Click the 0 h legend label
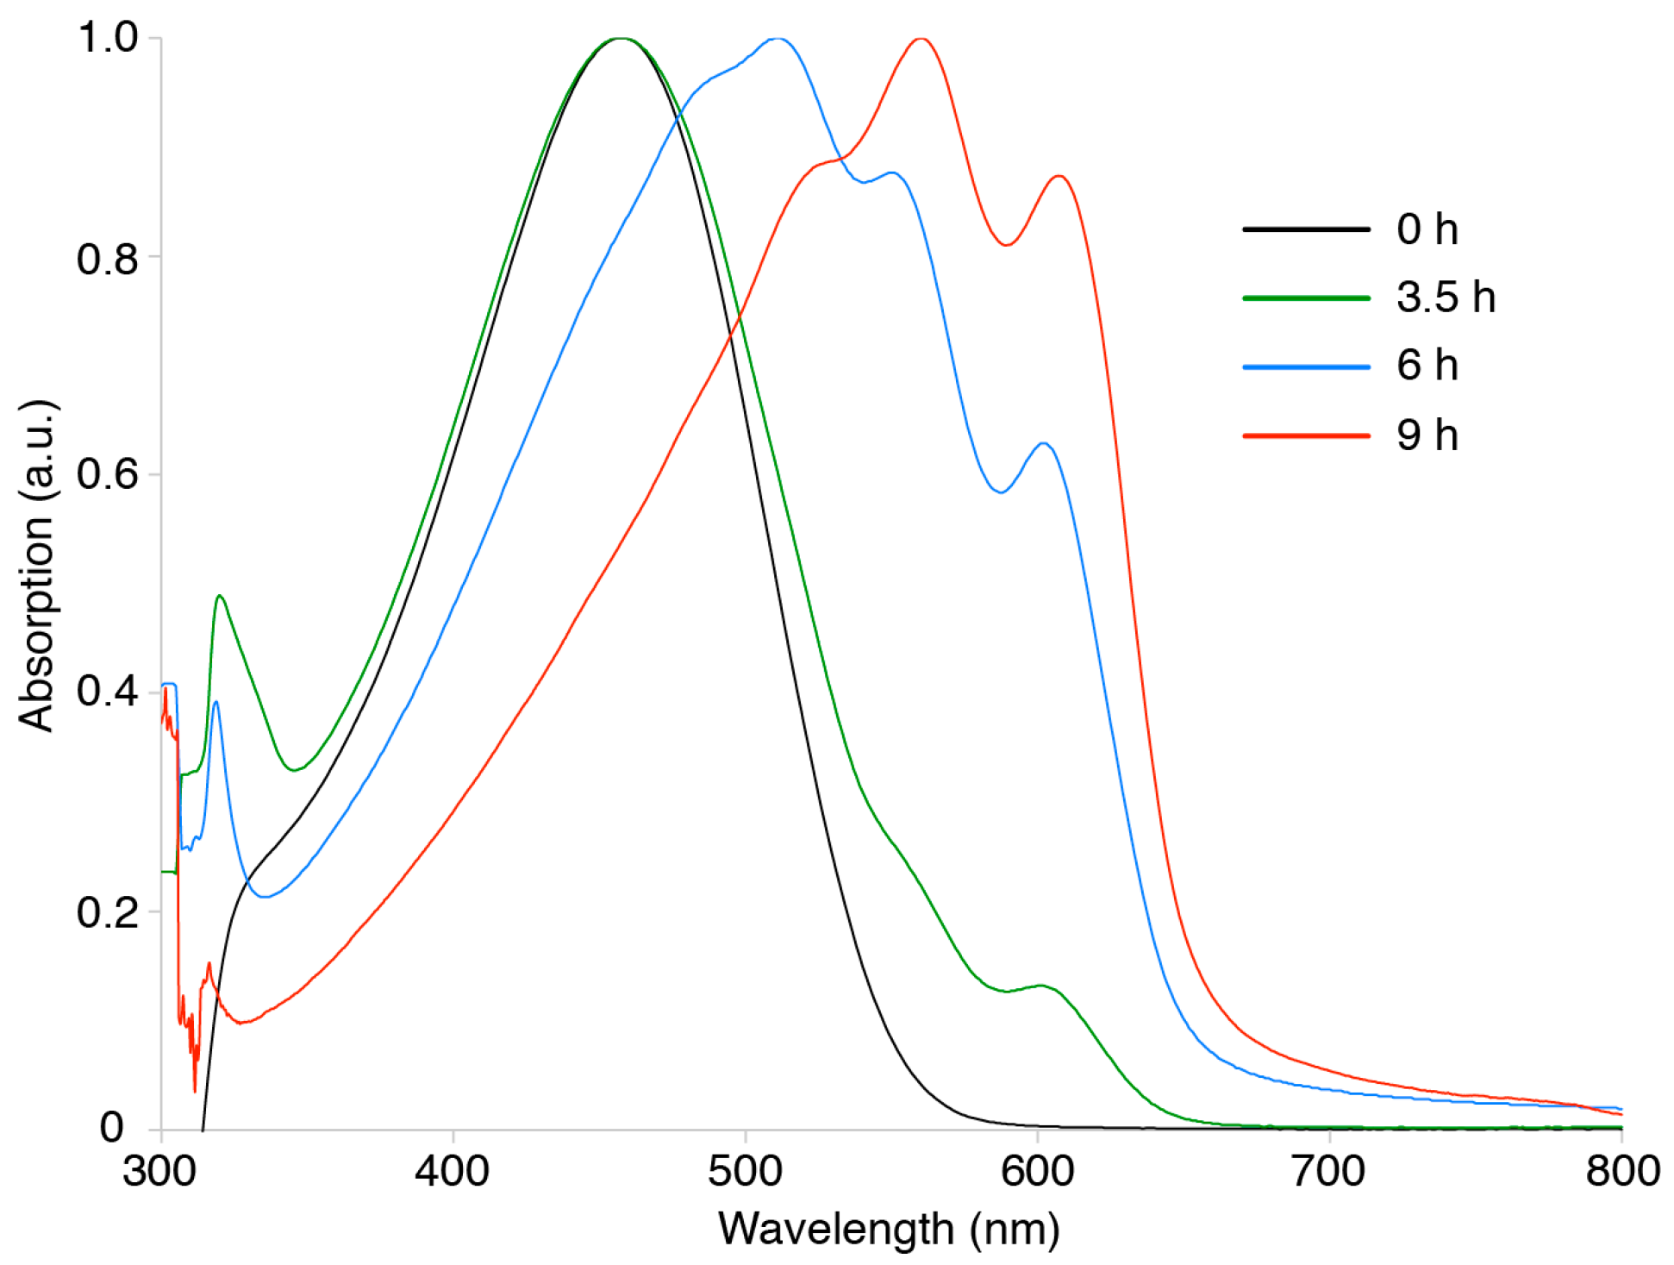click(1427, 230)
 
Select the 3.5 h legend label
click(1446, 297)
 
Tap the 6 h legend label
click(1427, 366)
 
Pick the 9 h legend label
click(1427, 435)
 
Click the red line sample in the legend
click(1306, 435)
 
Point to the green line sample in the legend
click(1306, 298)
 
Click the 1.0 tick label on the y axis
click(108, 38)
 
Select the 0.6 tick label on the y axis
click(108, 474)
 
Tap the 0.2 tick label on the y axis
click(108, 911)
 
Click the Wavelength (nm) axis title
click(890, 1230)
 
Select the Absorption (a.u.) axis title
click(36, 566)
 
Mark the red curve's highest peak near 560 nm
click(921, 39)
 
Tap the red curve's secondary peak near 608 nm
click(1059, 176)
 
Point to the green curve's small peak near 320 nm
click(220, 596)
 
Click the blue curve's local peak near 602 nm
click(1044, 443)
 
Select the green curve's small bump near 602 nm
click(1042, 985)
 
